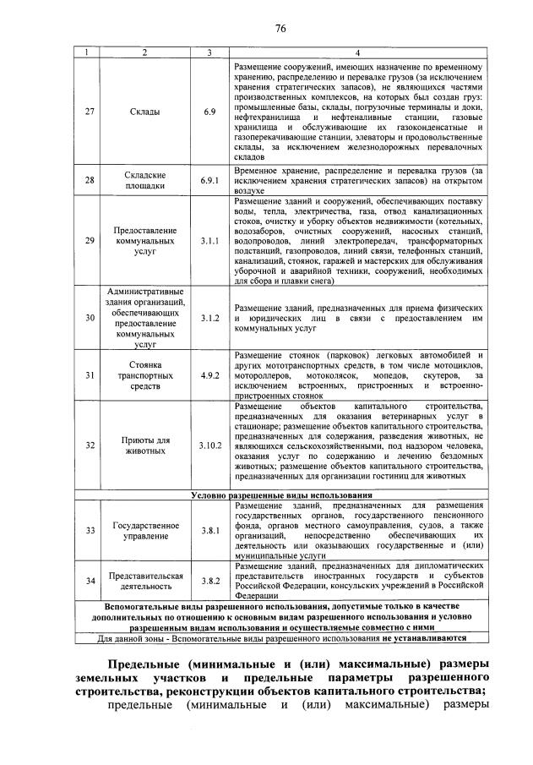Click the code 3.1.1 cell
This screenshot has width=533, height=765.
click(209, 241)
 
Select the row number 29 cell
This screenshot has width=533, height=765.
click(90, 241)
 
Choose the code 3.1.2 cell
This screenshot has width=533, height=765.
click(209, 318)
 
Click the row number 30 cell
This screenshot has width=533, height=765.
click(90, 318)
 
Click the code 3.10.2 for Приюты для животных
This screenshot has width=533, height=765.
click(209, 445)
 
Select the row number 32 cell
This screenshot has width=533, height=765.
click(90, 445)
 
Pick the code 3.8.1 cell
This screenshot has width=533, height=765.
click(209, 531)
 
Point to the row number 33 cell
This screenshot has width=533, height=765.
click(90, 531)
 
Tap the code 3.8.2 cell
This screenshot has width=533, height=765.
click(209, 581)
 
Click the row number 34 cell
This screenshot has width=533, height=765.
click(90, 581)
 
